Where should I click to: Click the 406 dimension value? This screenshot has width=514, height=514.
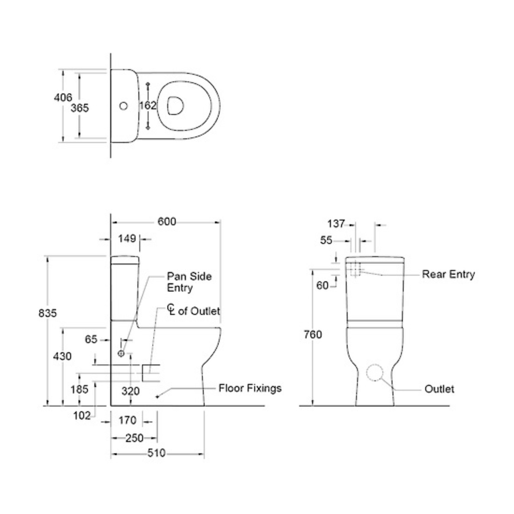[x=63, y=98]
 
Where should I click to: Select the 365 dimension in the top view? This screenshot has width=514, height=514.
[x=80, y=108]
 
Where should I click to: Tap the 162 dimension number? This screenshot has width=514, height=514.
[x=147, y=106]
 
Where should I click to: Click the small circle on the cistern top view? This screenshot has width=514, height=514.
[x=124, y=106]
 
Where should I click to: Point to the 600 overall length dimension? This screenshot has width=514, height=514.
[x=166, y=222]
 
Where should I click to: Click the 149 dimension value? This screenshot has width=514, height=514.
[x=127, y=239]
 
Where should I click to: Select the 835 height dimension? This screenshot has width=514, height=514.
[x=48, y=313]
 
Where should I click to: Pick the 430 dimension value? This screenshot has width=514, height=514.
[x=63, y=356]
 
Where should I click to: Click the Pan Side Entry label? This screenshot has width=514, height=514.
[x=189, y=282]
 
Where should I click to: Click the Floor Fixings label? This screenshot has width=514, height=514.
[x=250, y=388]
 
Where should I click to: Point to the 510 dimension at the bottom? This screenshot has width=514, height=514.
[x=156, y=453]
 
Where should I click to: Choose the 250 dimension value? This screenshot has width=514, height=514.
[x=134, y=438]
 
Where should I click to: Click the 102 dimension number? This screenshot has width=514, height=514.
[x=82, y=416]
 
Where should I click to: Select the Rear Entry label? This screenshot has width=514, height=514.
[x=448, y=274]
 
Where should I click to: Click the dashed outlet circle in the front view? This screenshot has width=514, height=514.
[x=375, y=373]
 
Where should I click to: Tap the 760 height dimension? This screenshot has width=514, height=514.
[x=313, y=334]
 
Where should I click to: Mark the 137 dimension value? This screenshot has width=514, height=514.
[x=336, y=224]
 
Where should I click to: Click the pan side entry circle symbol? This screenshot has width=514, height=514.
[x=121, y=353]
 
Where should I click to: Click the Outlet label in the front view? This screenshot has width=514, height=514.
[x=439, y=389]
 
